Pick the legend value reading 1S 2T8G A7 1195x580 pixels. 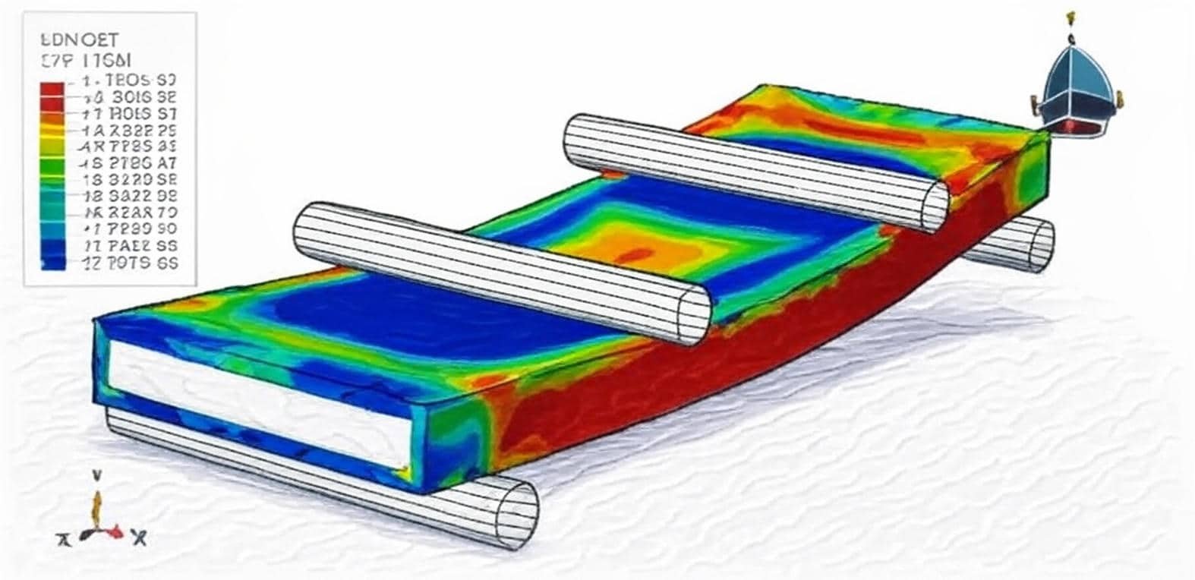pos(129,162)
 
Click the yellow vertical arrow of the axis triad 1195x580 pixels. pos(96,506)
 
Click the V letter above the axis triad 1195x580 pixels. pos(97,475)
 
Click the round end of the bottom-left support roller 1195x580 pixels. pos(516,515)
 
